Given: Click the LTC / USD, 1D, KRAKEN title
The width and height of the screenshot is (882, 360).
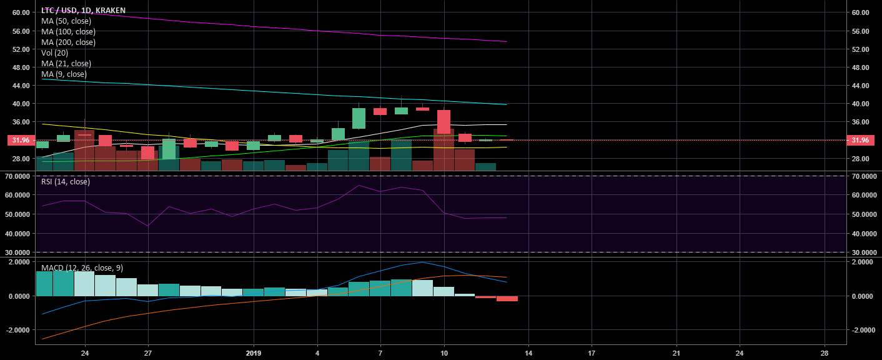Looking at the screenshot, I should click(x=83, y=11).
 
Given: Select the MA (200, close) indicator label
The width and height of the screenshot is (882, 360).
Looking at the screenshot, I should click(x=69, y=42).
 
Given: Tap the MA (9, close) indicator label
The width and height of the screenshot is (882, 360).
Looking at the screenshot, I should click(x=64, y=74).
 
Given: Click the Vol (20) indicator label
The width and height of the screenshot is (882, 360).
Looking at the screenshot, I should click(x=54, y=53).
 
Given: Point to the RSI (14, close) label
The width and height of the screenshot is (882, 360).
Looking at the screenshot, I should click(x=66, y=182).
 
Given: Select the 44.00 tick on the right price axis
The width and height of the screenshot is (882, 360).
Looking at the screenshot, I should click(x=860, y=86).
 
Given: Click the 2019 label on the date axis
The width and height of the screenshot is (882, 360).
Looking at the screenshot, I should click(x=254, y=352).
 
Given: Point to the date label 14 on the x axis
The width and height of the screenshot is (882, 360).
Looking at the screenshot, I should click(x=528, y=352).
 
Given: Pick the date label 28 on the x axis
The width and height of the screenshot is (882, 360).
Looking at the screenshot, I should click(x=825, y=352).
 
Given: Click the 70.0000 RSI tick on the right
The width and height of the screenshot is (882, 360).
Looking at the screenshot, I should click(x=863, y=177).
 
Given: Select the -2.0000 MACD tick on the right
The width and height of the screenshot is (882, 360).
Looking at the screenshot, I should click(x=863, y=330).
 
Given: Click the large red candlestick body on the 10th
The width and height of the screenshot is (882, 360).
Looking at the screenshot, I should click(x=443, y=122).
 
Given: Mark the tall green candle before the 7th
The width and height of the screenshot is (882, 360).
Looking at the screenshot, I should click(x=359, y=118).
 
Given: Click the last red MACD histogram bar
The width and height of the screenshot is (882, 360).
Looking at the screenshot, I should click(x=507, y=299).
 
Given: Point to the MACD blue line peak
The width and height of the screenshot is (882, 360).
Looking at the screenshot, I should click(x=423, y=262).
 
